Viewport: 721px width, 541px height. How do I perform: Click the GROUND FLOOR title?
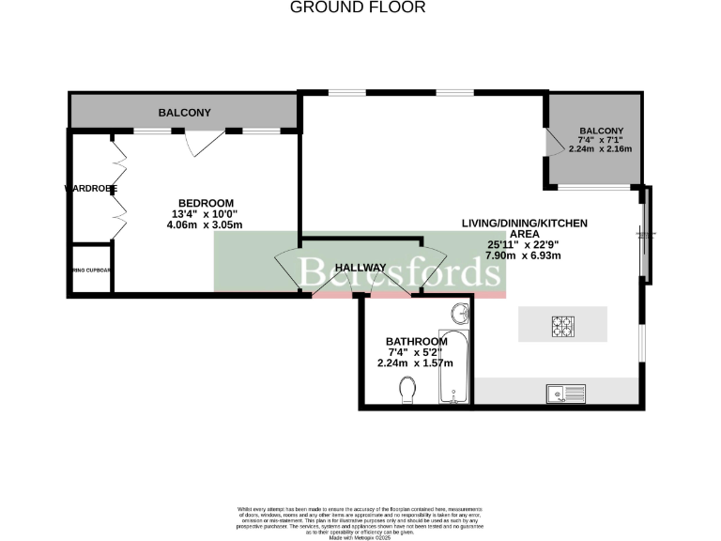(x=358, y=8)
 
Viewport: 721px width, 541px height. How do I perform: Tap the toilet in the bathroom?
(x=407, y=388)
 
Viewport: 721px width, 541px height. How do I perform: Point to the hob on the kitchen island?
(x=562, y=325)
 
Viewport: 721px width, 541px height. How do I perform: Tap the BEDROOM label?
(x=207, y=203)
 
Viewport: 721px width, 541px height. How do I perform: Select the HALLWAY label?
(x=361, y=268)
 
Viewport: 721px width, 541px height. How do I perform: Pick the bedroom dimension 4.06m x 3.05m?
(x=205, y=225)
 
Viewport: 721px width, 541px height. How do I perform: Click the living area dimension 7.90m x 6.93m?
(x=523, y=255)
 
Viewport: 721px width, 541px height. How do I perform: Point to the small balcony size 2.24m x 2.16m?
(x=601, y=149)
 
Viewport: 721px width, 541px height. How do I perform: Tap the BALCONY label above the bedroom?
(x=184, y=113)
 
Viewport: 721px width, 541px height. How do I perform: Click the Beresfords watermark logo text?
(x=398, y=272)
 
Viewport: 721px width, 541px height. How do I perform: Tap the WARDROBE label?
(x=91, y=189)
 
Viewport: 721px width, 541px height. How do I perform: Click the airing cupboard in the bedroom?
(x=91, y=270)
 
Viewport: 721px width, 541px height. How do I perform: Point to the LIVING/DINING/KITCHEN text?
(x=524, y=223)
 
